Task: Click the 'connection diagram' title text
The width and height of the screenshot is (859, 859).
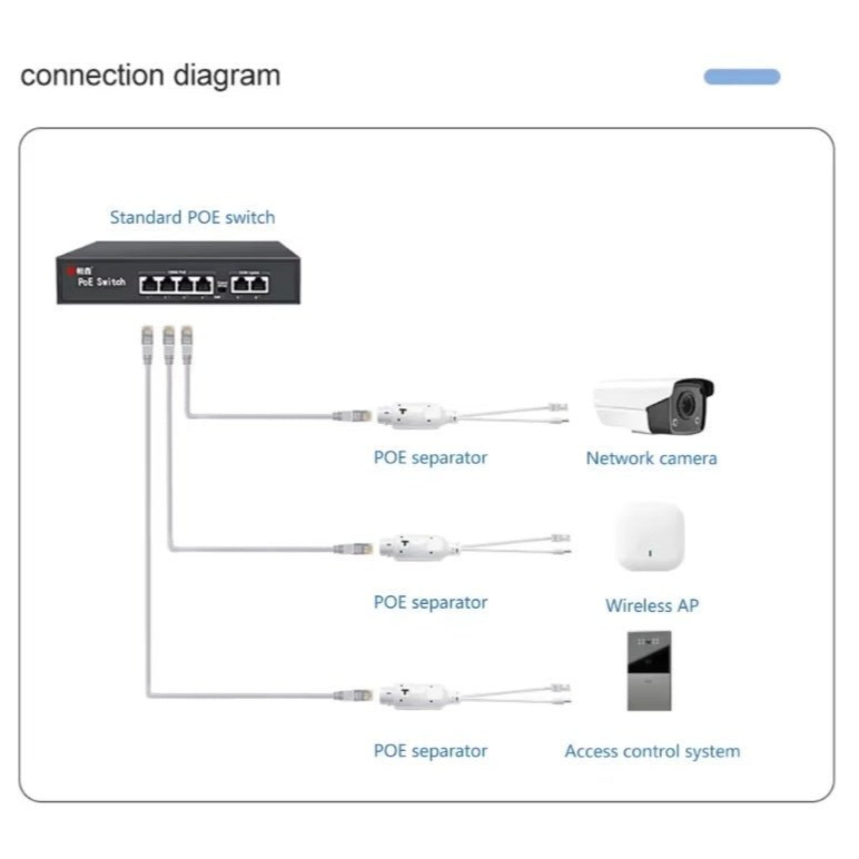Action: pyautogui.click(x=150, y=75)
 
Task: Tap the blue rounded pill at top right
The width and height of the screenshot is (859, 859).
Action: pyautogui.click(x=741, y=76)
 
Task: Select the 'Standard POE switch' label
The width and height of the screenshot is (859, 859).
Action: pyautogui.click(x=192, y=218)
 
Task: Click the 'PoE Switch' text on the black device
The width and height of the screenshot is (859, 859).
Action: pyautogui.click(x=102, y=282)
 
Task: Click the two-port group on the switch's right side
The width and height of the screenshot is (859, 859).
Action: pyautogui.click(x=249, y=284)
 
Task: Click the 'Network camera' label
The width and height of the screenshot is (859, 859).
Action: pyautogui.click(x=651, y=458)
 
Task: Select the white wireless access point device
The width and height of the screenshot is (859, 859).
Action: pyautogui.click(x=649, y=537)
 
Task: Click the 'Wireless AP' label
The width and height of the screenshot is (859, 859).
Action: pyautogui.click(x=652, y=605)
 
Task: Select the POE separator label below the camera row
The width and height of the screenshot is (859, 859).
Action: pyautogui.click(x=430, y=457)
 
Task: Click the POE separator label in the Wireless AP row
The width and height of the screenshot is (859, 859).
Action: pyautogui.click(x=430, y=603)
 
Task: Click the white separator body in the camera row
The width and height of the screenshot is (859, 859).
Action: pyautogui.click(x=416, y=416)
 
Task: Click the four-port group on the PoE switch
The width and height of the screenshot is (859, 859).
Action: pyautogui.click(x=176, y=284)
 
